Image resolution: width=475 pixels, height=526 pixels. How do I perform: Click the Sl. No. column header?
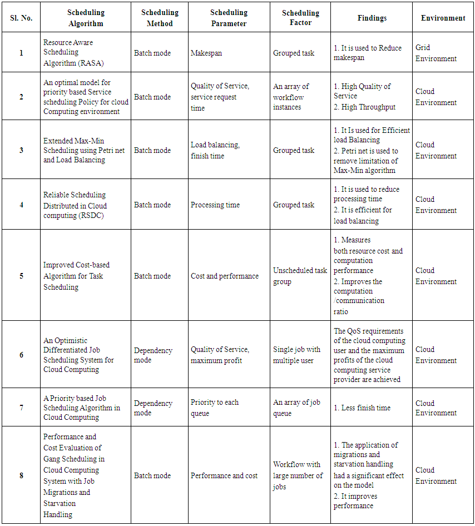coord(21,18)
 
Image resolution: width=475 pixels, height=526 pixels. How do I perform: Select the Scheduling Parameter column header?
coord(229,18)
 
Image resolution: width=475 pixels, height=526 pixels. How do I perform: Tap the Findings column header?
coord(372,18)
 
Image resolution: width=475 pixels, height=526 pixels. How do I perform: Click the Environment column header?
coord(443,18)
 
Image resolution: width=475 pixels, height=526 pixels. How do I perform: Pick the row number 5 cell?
coord(21,276)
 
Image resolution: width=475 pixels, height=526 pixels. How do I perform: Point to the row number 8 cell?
coord(21,475)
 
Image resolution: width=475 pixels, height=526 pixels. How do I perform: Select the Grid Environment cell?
coord(436,53)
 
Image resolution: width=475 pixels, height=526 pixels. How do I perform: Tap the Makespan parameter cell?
coord(206,53)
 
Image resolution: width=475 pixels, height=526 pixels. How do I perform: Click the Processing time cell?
coord(215,205)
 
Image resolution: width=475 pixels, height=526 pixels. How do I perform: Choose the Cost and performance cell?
coord(225,276)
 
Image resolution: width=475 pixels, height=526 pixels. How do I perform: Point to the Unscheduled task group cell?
coord(300,276)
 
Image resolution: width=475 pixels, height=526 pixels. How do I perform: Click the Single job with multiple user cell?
coord(297,355)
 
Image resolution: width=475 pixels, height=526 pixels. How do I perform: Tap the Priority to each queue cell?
coord(215,408)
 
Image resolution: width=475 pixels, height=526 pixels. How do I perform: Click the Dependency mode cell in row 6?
coord(154,355)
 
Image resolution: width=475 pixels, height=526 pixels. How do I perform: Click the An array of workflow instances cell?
coord(291,97)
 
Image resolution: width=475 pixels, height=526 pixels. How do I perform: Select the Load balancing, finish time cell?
coord(215,150)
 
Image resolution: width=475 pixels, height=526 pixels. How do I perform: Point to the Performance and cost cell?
coord(224,475)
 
